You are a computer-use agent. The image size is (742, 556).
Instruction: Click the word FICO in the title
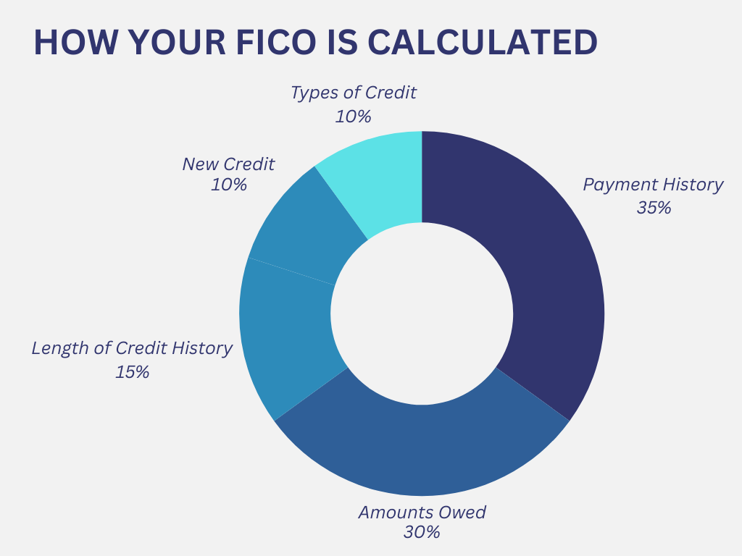[275, 42]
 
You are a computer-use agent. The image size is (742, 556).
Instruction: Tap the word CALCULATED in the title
[482, 42]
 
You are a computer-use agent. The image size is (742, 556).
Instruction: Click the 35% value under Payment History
[654, 208]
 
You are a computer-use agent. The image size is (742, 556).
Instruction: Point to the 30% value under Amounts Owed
[422, 532]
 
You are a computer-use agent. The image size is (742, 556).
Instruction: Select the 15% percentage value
[132, 372]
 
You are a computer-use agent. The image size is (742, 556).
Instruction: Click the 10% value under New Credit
[228, 185]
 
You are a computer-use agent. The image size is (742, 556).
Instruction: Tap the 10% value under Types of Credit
[353, 117]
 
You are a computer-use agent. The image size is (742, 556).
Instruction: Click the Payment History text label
[653, 185]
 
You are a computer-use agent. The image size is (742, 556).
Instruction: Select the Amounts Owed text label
[422, 512]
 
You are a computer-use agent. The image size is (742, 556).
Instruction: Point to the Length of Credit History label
[132, 349]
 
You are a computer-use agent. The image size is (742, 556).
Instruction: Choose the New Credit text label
[228, 164]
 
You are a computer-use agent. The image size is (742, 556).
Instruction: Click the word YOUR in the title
[176, 42]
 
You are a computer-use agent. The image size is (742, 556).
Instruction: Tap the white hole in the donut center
[422, 313]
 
